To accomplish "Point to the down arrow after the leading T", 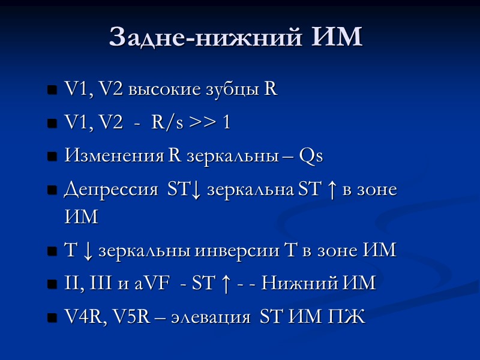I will (88, 250).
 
